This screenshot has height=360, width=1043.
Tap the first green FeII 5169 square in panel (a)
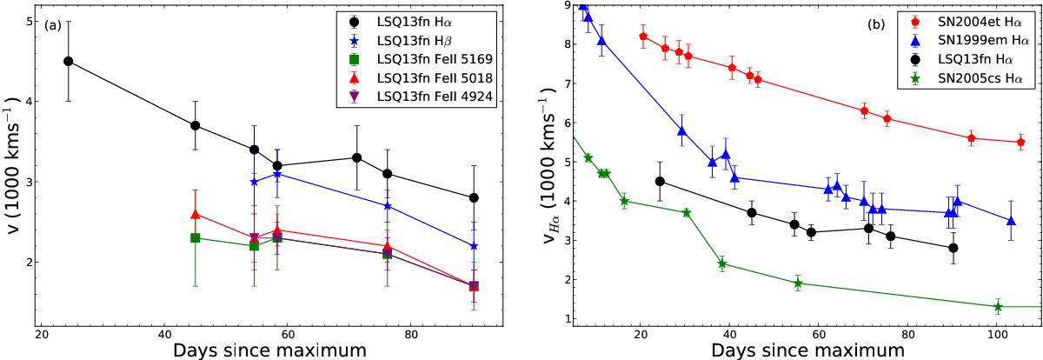click(x=196, y=237)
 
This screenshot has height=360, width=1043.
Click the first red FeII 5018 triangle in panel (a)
click(x=196, y=214)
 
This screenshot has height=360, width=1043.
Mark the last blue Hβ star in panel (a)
click(x=474, y=246)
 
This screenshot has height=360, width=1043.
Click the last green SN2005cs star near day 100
click(x=998, y=307)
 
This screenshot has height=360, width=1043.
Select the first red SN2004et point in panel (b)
click(x=643, y=37)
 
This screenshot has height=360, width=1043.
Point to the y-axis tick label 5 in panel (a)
click(x=29, y=21)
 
